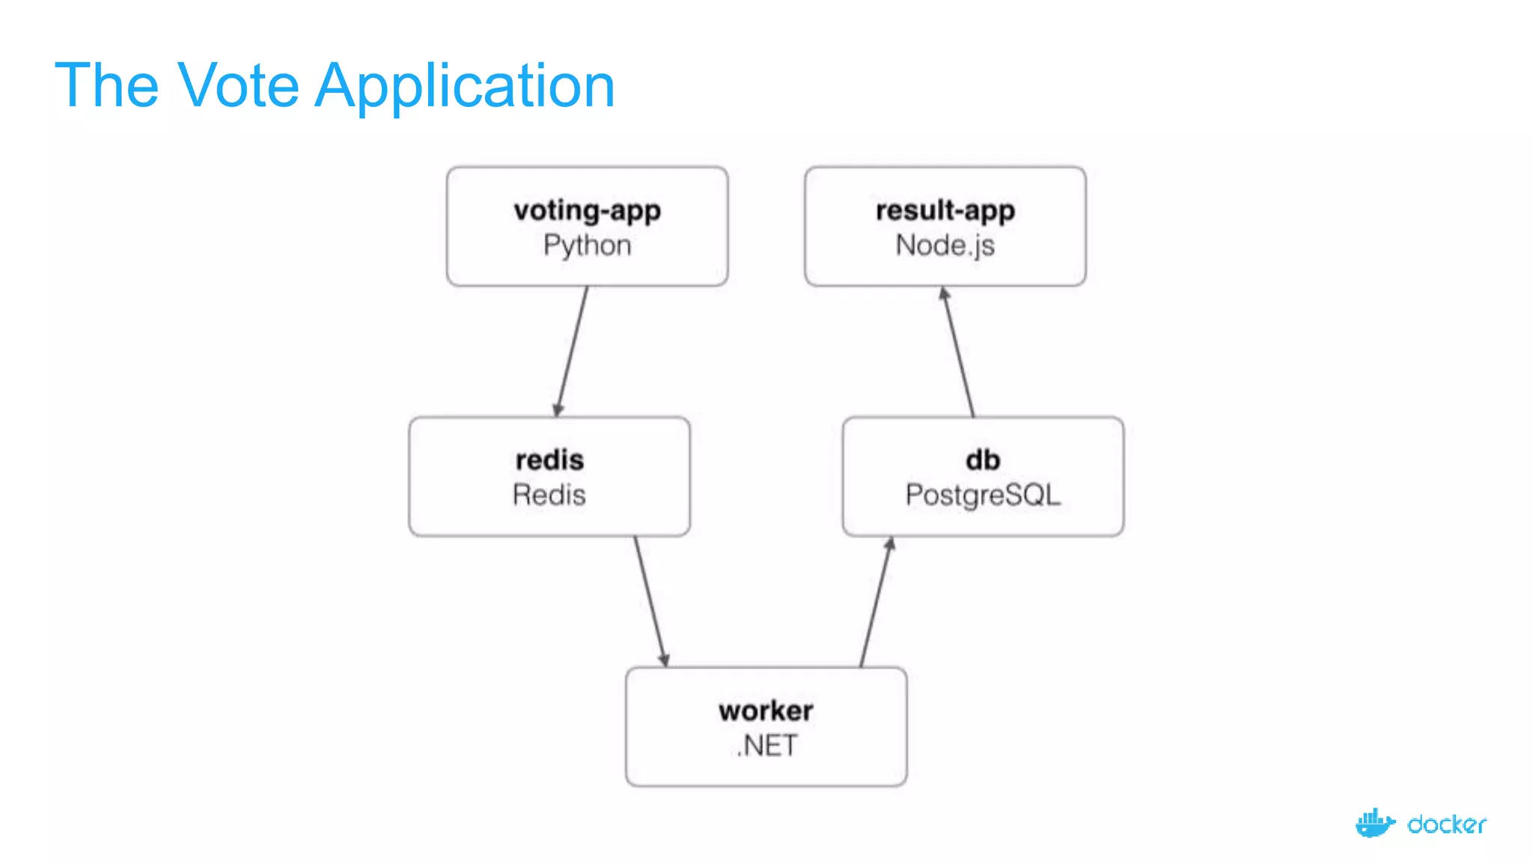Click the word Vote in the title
(238, 85)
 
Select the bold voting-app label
(587, 210)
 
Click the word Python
(587, 245)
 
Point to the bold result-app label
(945, 210)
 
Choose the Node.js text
(945, 245)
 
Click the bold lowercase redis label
(549, 459)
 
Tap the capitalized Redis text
(549, 495)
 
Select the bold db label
(982, 459)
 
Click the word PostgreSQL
(982, 495)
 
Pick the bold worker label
(766, 710)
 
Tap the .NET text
(766, 745)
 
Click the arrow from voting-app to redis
(572, 352)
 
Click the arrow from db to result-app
(960, 352)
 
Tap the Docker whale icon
(1374, 823)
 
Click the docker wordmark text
(1446, 825)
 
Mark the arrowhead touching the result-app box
(945, 294)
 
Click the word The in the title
(106, 85)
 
